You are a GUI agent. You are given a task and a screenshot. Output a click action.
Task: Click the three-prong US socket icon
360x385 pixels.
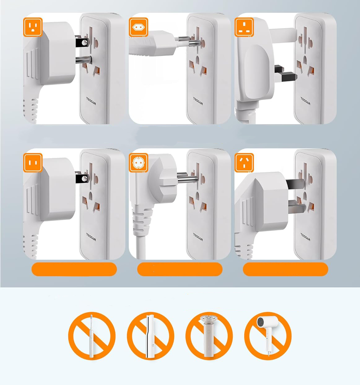[33, 27]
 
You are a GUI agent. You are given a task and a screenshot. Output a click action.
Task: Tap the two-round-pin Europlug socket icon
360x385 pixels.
[138, 27]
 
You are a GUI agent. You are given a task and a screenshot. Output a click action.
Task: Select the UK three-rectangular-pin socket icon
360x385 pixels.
[244, 27]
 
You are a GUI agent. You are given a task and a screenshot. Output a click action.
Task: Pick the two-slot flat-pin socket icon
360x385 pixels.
[33, 163]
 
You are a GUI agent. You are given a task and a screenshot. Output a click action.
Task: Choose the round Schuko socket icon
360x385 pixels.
[138, 163]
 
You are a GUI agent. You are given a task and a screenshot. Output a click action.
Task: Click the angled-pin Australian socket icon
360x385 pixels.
[244, 163]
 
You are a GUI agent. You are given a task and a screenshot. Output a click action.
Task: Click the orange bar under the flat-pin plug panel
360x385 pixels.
[74, 269]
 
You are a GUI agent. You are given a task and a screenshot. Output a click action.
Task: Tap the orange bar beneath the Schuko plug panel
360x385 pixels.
[180, 269]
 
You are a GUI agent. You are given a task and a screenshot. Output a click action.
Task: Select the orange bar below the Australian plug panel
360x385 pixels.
[285, 269]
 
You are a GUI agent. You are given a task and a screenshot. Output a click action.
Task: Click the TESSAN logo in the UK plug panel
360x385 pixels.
[305, 101]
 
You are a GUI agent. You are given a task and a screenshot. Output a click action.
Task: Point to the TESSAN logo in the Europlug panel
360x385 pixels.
[198, 101]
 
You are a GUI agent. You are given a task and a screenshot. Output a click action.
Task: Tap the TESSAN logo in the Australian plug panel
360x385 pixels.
[305, 237]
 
